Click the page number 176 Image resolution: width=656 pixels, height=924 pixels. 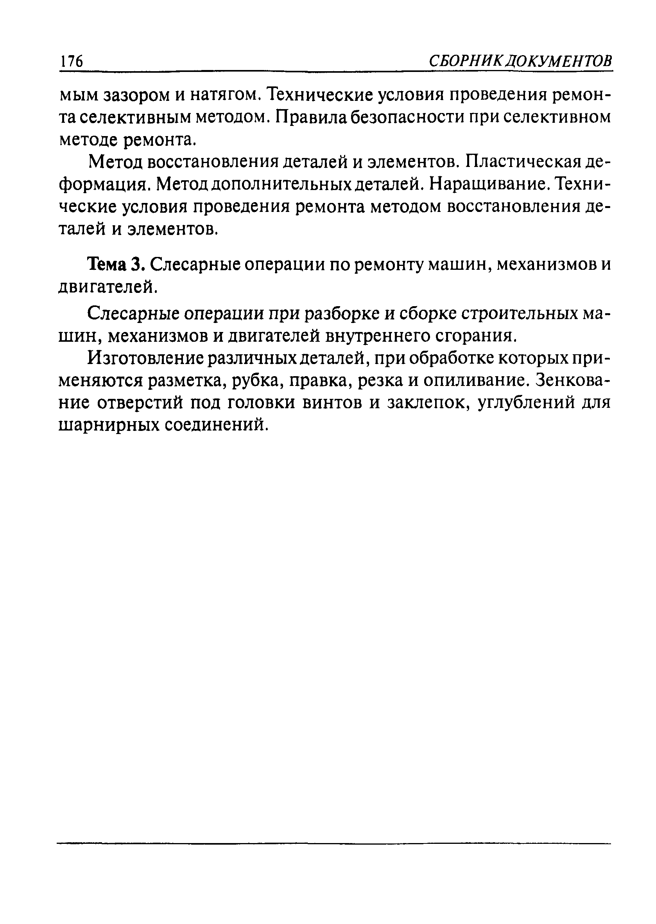tap(71, 62)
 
